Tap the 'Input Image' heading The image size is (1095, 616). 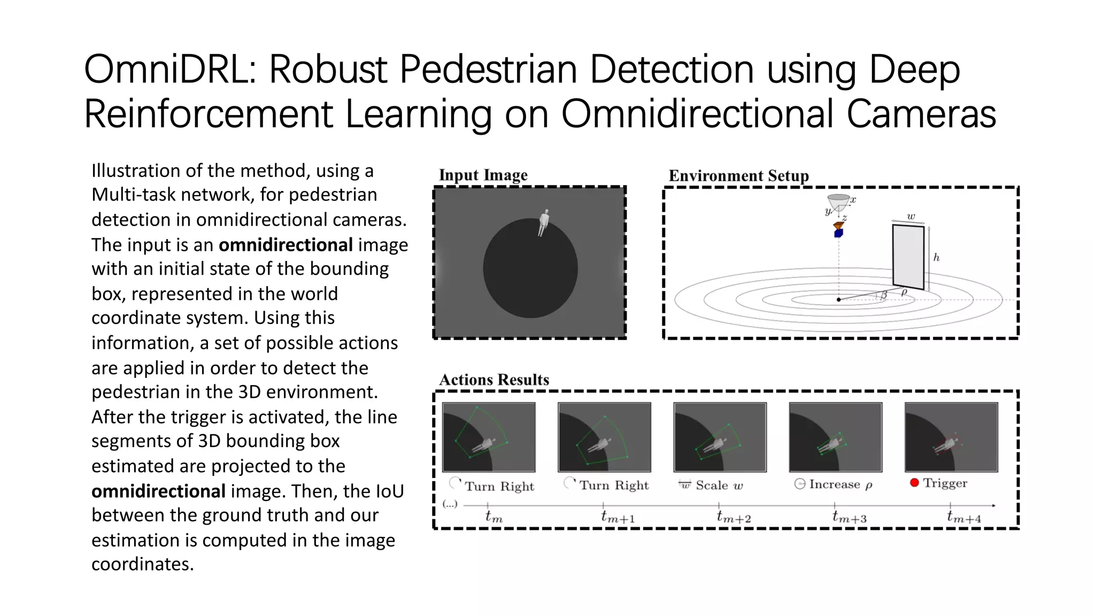click(483, 175)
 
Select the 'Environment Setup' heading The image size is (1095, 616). click(738, 176)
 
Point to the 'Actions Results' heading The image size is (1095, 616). click(494, 380)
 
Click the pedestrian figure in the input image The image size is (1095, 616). click(543, 222)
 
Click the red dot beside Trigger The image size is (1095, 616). click(914, 483)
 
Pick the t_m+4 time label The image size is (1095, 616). click(963, 517)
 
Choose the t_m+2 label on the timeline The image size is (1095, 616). click(733, 517)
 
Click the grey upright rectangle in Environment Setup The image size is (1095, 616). click(908, 257)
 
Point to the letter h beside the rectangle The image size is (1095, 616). click(936, 258)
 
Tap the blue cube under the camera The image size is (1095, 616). click(838, 233)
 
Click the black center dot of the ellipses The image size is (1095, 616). click(838, 299)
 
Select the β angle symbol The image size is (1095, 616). click(884, 295)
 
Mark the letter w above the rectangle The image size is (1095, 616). click(911, 217)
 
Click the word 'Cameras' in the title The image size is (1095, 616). click(921, 114)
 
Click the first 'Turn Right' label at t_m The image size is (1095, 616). click(499, 486)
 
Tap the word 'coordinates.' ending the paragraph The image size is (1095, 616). click(142, 565)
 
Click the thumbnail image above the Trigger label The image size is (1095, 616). click(951, 437)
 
